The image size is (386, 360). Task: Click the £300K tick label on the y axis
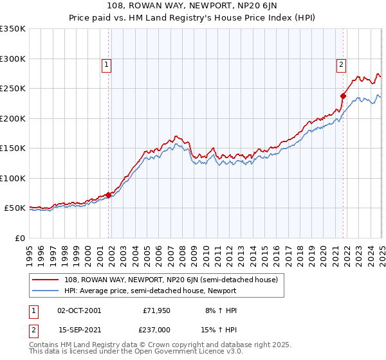click(x=13, y=59)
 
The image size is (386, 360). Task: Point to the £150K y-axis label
click(x=13, y=148)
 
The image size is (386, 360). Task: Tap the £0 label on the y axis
click(x=20, y=238)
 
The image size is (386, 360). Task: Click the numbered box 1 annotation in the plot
click(x=106, y=64)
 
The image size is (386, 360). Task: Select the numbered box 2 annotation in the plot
click(x=340, y=64)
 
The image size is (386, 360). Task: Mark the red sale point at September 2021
click(x=343, y=96)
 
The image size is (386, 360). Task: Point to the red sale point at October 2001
click(x=109, y=195)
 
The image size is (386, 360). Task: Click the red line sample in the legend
click(x=46, y=280)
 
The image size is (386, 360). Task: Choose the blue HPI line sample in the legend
click(x=46, y=291)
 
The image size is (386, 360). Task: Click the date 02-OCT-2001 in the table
click(x=79, y=310)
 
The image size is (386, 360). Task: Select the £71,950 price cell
click(x=155, y=310)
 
